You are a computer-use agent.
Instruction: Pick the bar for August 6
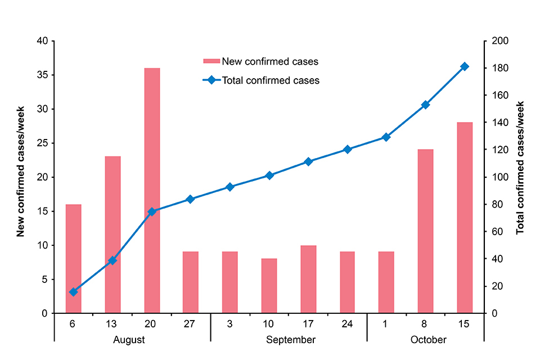click(x=74, y=258)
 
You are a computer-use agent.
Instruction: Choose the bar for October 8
click(x=425, y=231)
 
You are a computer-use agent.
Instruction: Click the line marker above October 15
click(x=465, y=66)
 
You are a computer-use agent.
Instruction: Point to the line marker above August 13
click(x=112, y=260)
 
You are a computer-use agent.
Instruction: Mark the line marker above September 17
click(x=308, y=162)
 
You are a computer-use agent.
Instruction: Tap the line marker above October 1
click(x=386, y=137)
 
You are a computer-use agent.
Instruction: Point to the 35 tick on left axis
click(x=43, y=75)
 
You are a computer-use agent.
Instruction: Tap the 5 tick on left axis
click(x=46, y=280)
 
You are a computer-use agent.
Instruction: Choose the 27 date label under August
click(x=191, y=325)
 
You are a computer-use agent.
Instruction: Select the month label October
click(x=428, y=340)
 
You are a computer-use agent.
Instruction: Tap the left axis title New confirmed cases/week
click(x=21, y=177)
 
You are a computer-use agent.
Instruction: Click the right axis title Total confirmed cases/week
click(x=520, y=168)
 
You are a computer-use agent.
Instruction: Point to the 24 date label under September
click(x=347, y=325)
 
